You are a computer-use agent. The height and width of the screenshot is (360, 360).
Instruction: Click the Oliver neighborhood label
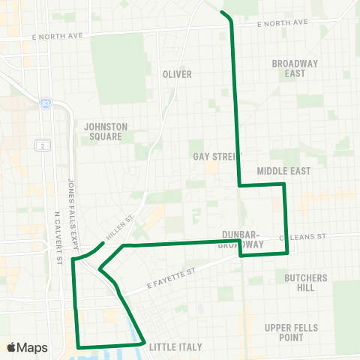pyautogui.click(x=177, y=74)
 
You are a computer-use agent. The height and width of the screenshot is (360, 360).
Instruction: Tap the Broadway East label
pyautogui.click(x=289, y=68)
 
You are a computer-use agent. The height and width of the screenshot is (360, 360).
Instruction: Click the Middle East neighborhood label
pyautogui.click(x=283, y=172)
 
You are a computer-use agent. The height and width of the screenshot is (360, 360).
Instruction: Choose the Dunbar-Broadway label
pyautogui.click(x=241, y=239)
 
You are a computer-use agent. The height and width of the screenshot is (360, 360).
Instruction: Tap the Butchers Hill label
pyautogui.click(x=306, y=283)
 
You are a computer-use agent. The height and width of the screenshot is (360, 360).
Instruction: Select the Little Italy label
pyautogui.click(x=175, y=347)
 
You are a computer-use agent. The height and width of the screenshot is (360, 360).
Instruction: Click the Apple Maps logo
pyautogui.click(x=27, y=347)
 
